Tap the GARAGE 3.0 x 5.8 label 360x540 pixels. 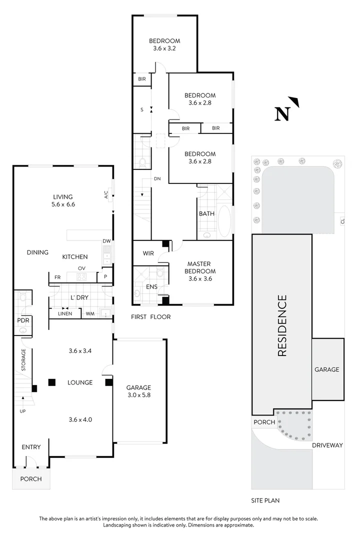(138, 391)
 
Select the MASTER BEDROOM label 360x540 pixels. (198, 271)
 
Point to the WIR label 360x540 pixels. (148, 253)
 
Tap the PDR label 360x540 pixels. (22, 320)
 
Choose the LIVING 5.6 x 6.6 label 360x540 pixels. (63, 200)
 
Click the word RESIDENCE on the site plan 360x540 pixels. (282, 326)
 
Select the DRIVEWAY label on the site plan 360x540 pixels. (327, 444)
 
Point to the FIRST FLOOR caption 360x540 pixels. (150, 317)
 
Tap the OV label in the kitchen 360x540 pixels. (81, 268)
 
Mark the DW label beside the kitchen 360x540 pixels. (106, 241)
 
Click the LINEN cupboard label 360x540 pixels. (65, 314)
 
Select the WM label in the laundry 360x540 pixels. (90, 314)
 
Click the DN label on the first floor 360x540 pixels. (157, 178)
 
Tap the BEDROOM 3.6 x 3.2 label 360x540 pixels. (164, 45)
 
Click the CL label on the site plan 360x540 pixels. (342, 220)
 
